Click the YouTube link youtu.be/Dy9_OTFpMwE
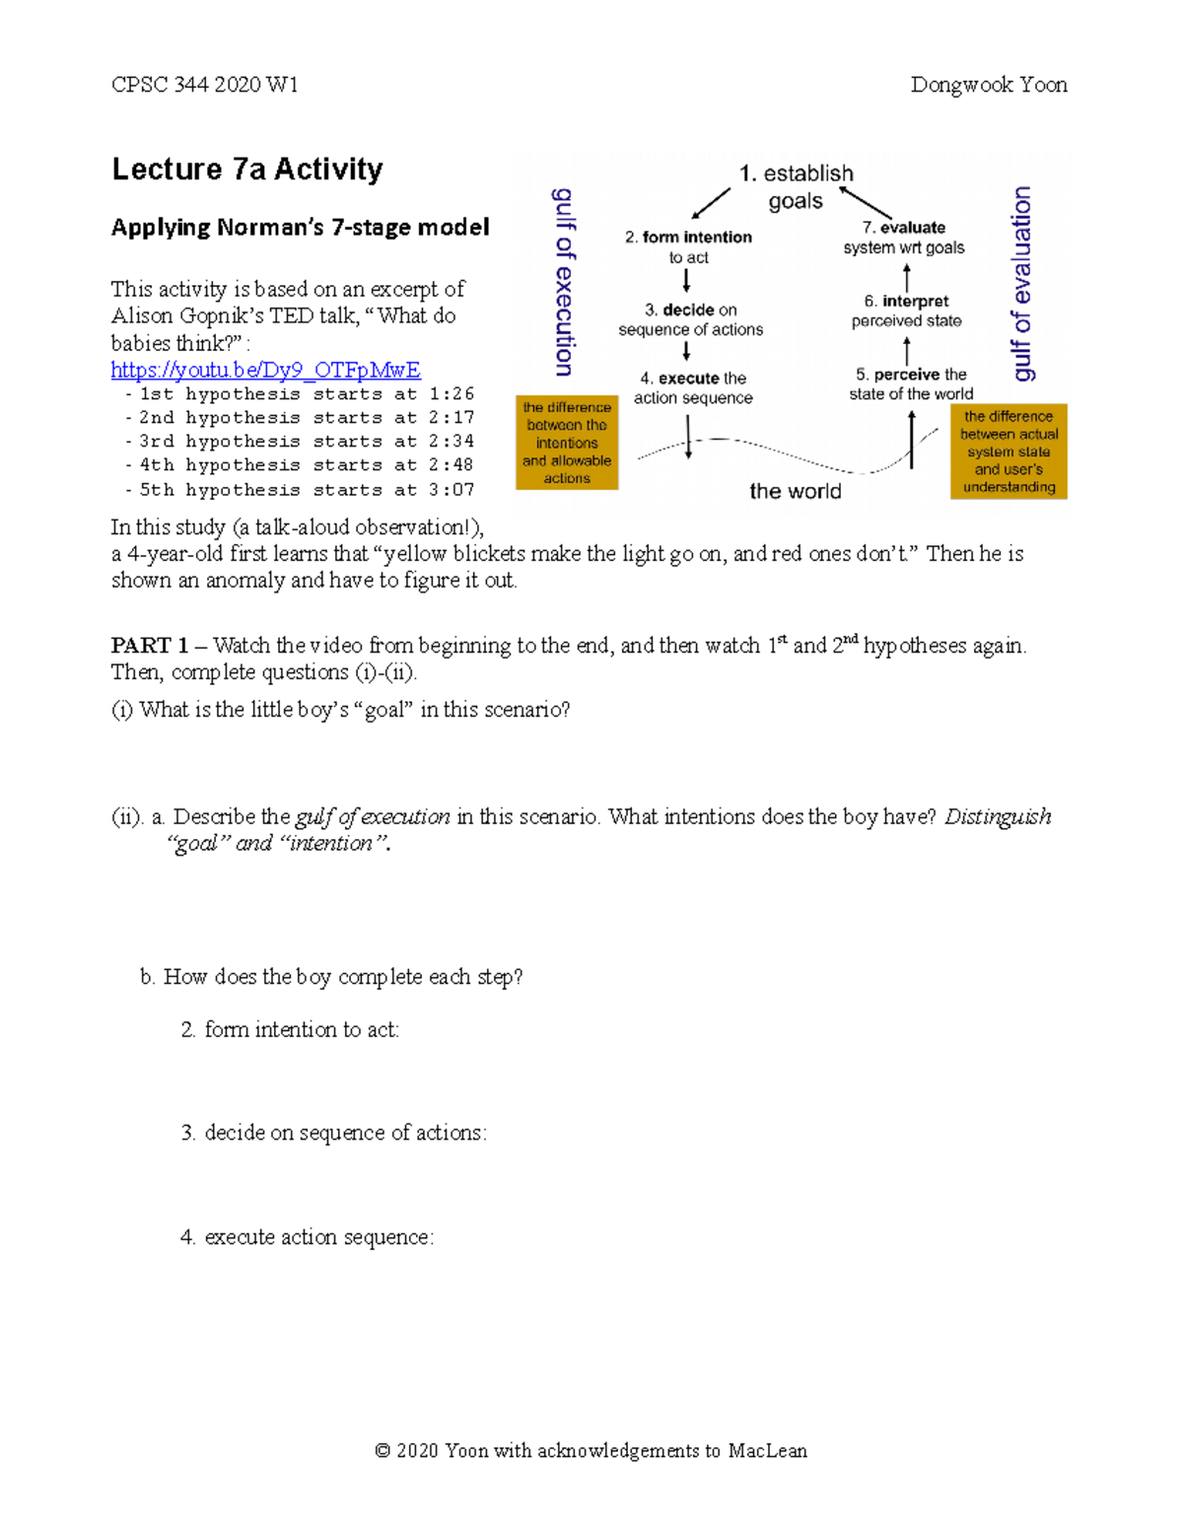click(265, 370)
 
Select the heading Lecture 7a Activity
click(246, 170)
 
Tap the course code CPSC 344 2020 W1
click(204, 85)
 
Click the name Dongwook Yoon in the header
click(988, 85)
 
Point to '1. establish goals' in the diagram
click(796, 186)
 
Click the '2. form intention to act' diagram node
click(688, 246)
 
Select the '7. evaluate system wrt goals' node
click(904, 238)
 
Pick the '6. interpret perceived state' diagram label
click(906, 311)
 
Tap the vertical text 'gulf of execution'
click(564, 282)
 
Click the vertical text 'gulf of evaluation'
click(1022, 283)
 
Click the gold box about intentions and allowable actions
click(567, 443)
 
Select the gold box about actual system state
click(1009, 452)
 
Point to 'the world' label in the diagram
click(795, 491)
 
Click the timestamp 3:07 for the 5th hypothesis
click(452, 490)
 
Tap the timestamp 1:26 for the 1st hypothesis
click(452, 394)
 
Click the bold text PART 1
click(149, 646)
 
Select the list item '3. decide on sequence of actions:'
click(333, 1133)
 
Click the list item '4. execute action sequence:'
click(307, 1237)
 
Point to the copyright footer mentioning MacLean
click(591, 1450)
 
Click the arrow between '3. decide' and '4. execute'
click(686, 352)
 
